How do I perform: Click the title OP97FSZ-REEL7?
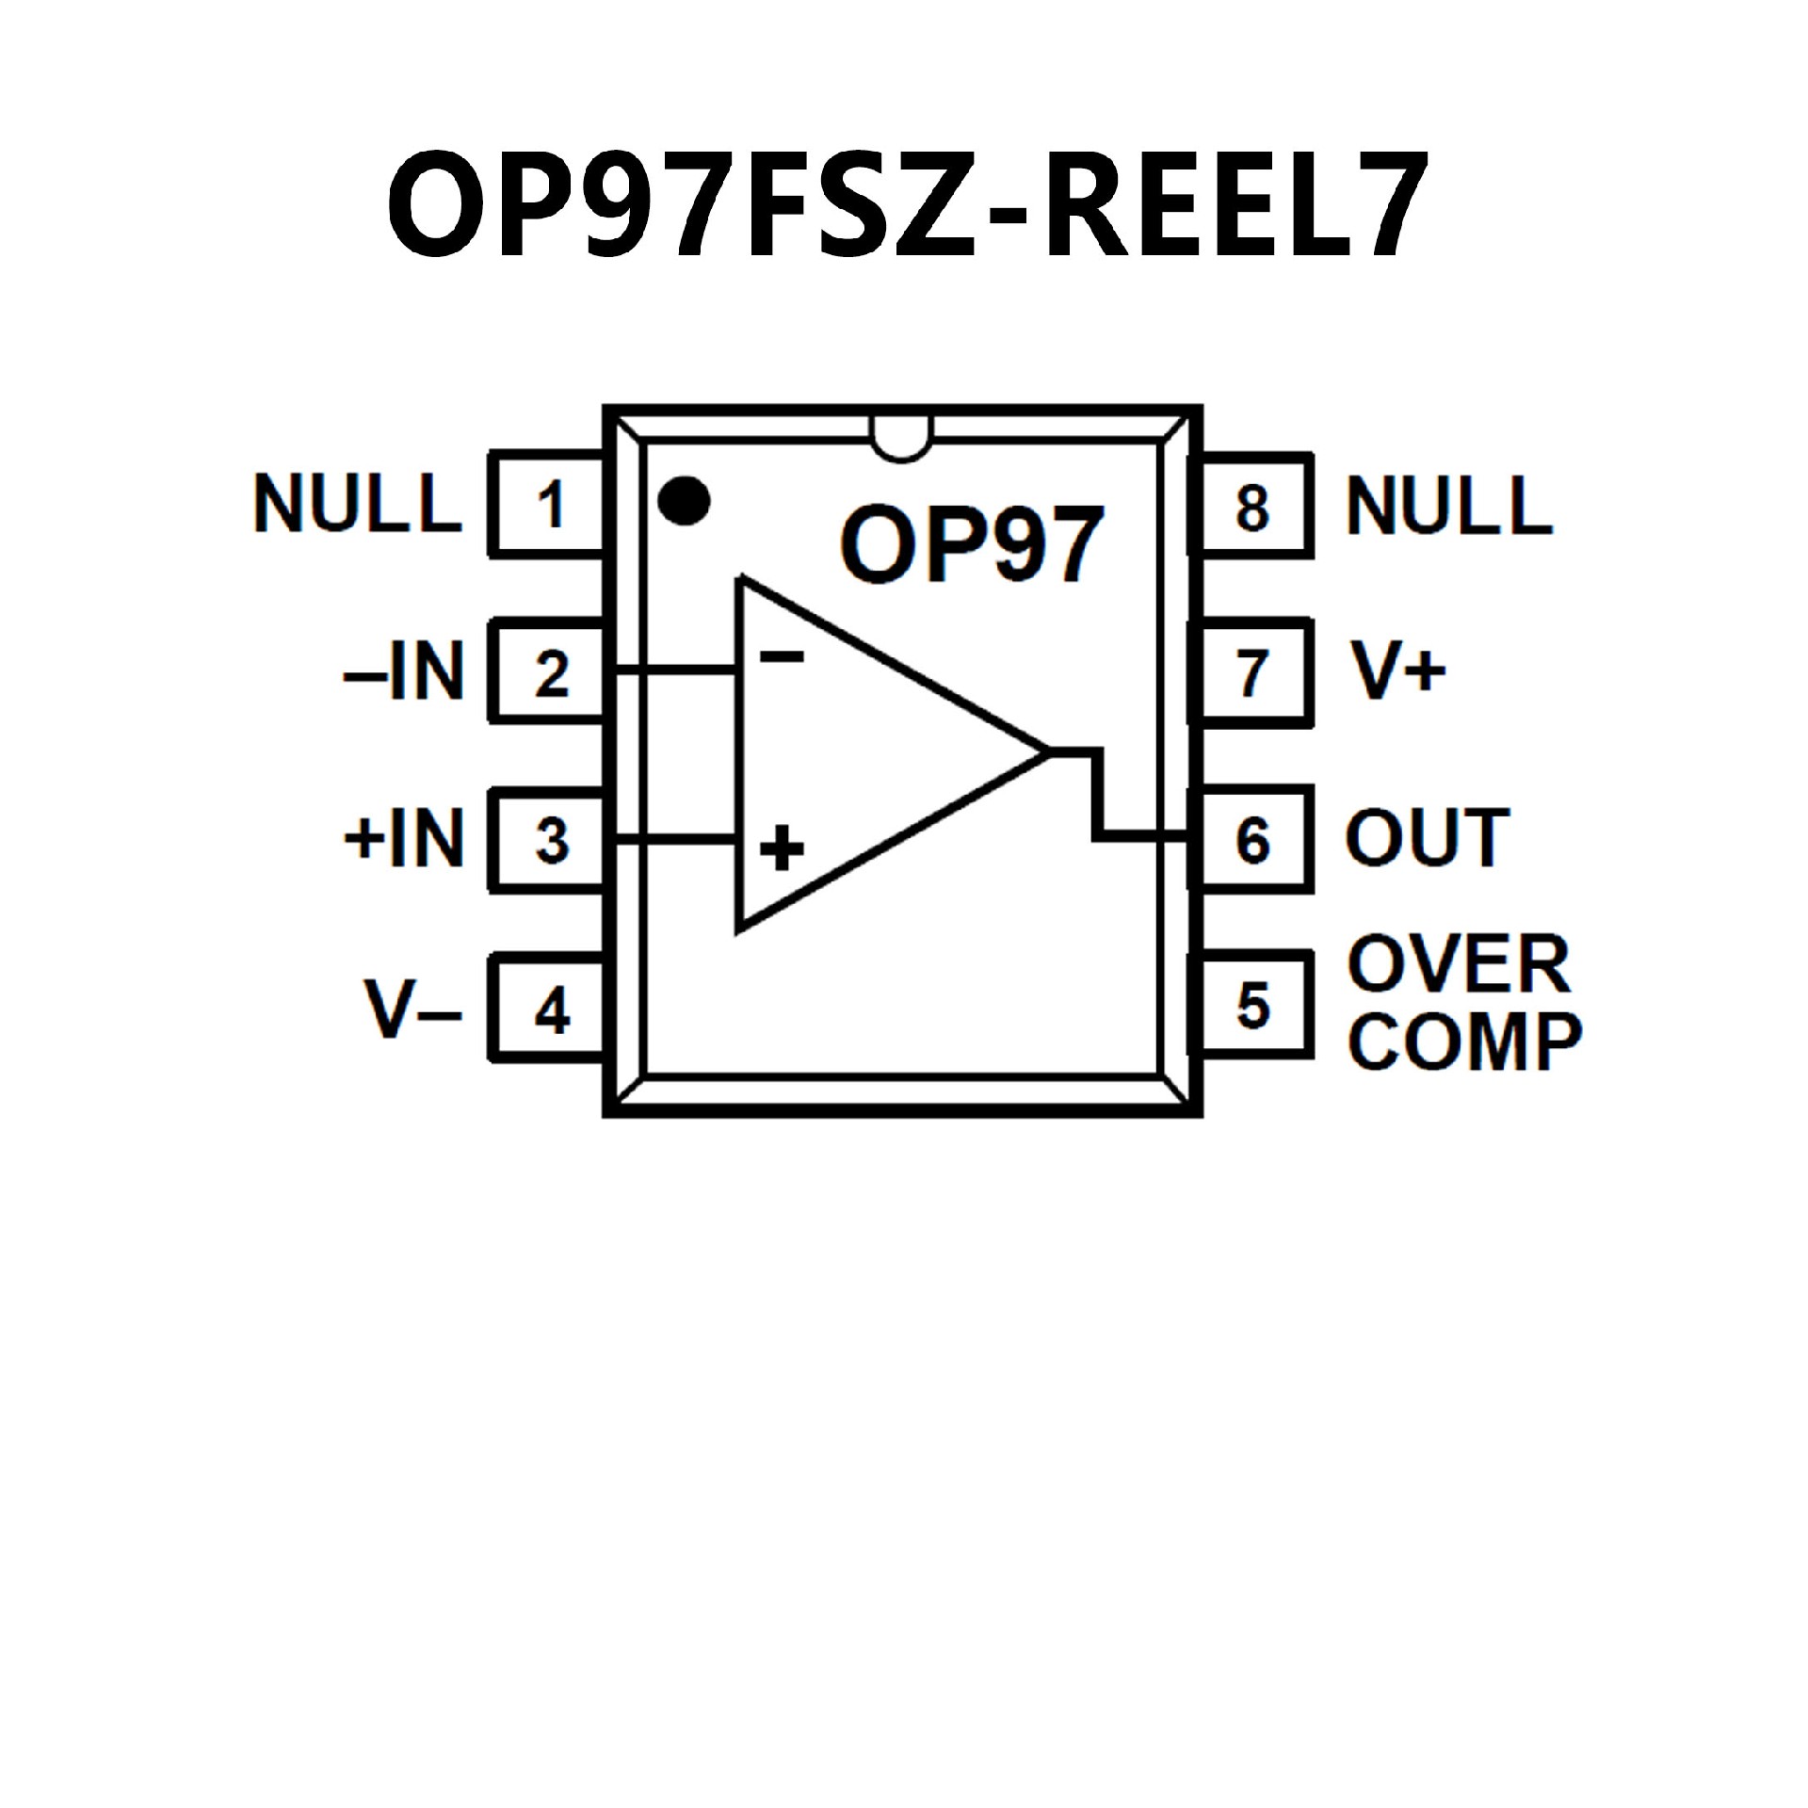pyautogui.click(x=906, y=205)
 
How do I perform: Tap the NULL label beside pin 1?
pyautogui.click(x=358, y=505)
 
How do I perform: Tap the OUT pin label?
pyautogui.click(x=1428, y=838)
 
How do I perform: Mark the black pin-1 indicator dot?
pyautogui.click(x=684, y=501)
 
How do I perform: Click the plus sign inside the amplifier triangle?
pyautogui.click(x=782, y=847)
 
